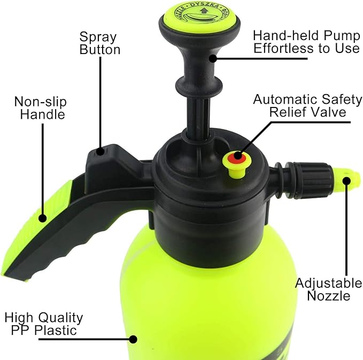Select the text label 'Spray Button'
click(x=100, y=43)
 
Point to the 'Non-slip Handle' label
click(x=40, y=108)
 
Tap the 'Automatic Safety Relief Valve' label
click(x=307, y=106)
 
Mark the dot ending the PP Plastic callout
click(x=134, y=338)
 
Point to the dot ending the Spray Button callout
click(x=100, y=151)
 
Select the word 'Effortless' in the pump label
click(x=283, y=48)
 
